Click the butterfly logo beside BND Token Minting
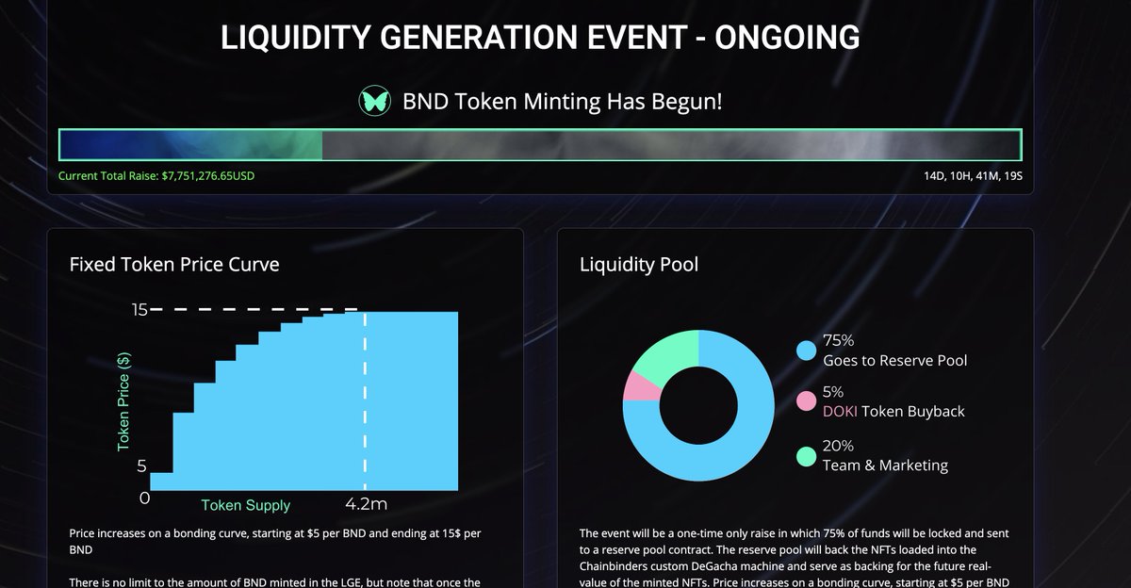point(374,101)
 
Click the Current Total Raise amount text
point(156,176)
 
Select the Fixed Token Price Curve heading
point(174,264)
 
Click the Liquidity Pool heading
point(639,264)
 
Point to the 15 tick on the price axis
point(139,309)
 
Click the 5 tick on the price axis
point(142,466)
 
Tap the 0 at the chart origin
point(144,498)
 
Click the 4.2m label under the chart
point(366,504)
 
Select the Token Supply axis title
point(245,505)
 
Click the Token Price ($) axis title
point(123,401)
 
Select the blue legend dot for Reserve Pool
point(806,351)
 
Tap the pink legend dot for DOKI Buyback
point(806,401)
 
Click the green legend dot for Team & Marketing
point(806,456)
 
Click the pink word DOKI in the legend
point(841,411)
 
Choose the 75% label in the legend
point(838,340)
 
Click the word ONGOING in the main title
point(787,38)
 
